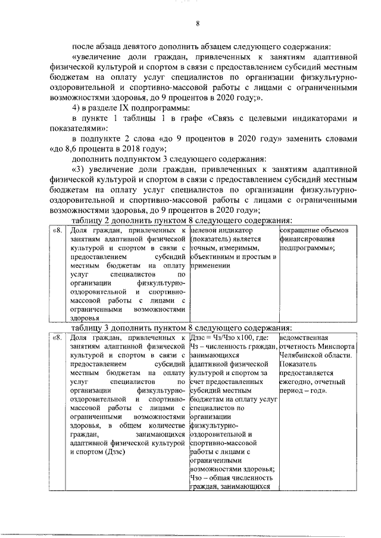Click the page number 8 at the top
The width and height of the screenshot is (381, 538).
198,24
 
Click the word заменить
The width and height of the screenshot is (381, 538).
310,139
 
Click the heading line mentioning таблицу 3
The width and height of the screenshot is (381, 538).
181,328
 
